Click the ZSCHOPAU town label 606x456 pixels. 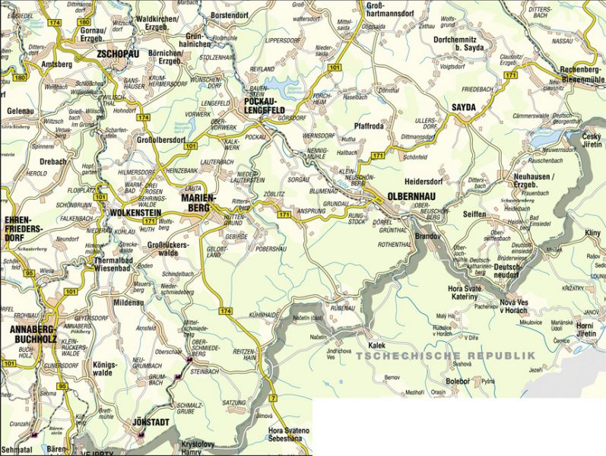[117, 55]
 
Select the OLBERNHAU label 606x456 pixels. [411, 196]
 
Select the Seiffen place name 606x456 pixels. [473, 215]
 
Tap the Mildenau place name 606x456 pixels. [127, 302]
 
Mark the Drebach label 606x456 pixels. [53, 161]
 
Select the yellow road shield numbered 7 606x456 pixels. [273, 398]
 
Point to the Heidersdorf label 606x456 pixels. [424, 183]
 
